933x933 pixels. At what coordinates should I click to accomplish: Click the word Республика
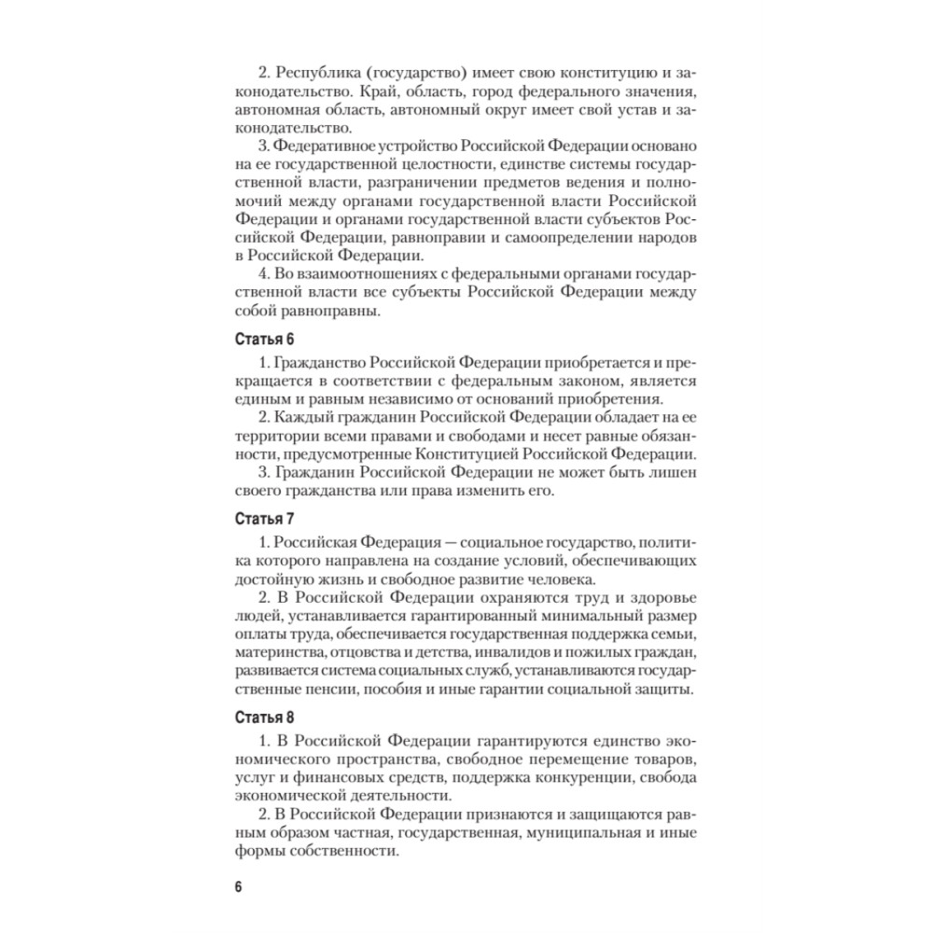[319, 73]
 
